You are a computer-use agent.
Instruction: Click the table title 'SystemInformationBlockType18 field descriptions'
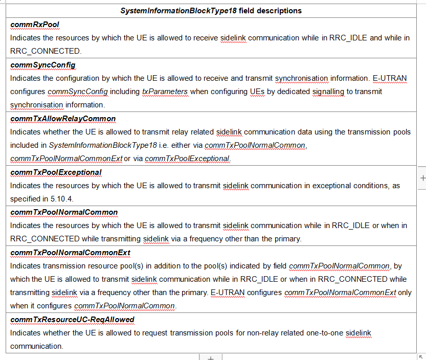(x=211, y=10)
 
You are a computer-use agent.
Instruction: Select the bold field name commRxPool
(x=35, y=24)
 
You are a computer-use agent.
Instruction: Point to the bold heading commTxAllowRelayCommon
(x=63, y=119)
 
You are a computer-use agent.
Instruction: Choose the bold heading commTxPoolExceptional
(x=56, y=172)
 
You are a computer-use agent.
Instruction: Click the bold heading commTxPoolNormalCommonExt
(x=70, y=253)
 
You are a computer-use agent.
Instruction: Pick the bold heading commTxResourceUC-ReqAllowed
(x=72, y=320)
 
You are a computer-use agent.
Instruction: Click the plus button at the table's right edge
(x=422, y=178)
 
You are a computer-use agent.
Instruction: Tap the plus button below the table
(x=210, y=357)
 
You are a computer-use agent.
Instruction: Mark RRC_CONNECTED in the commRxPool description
(x=45, y=51)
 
